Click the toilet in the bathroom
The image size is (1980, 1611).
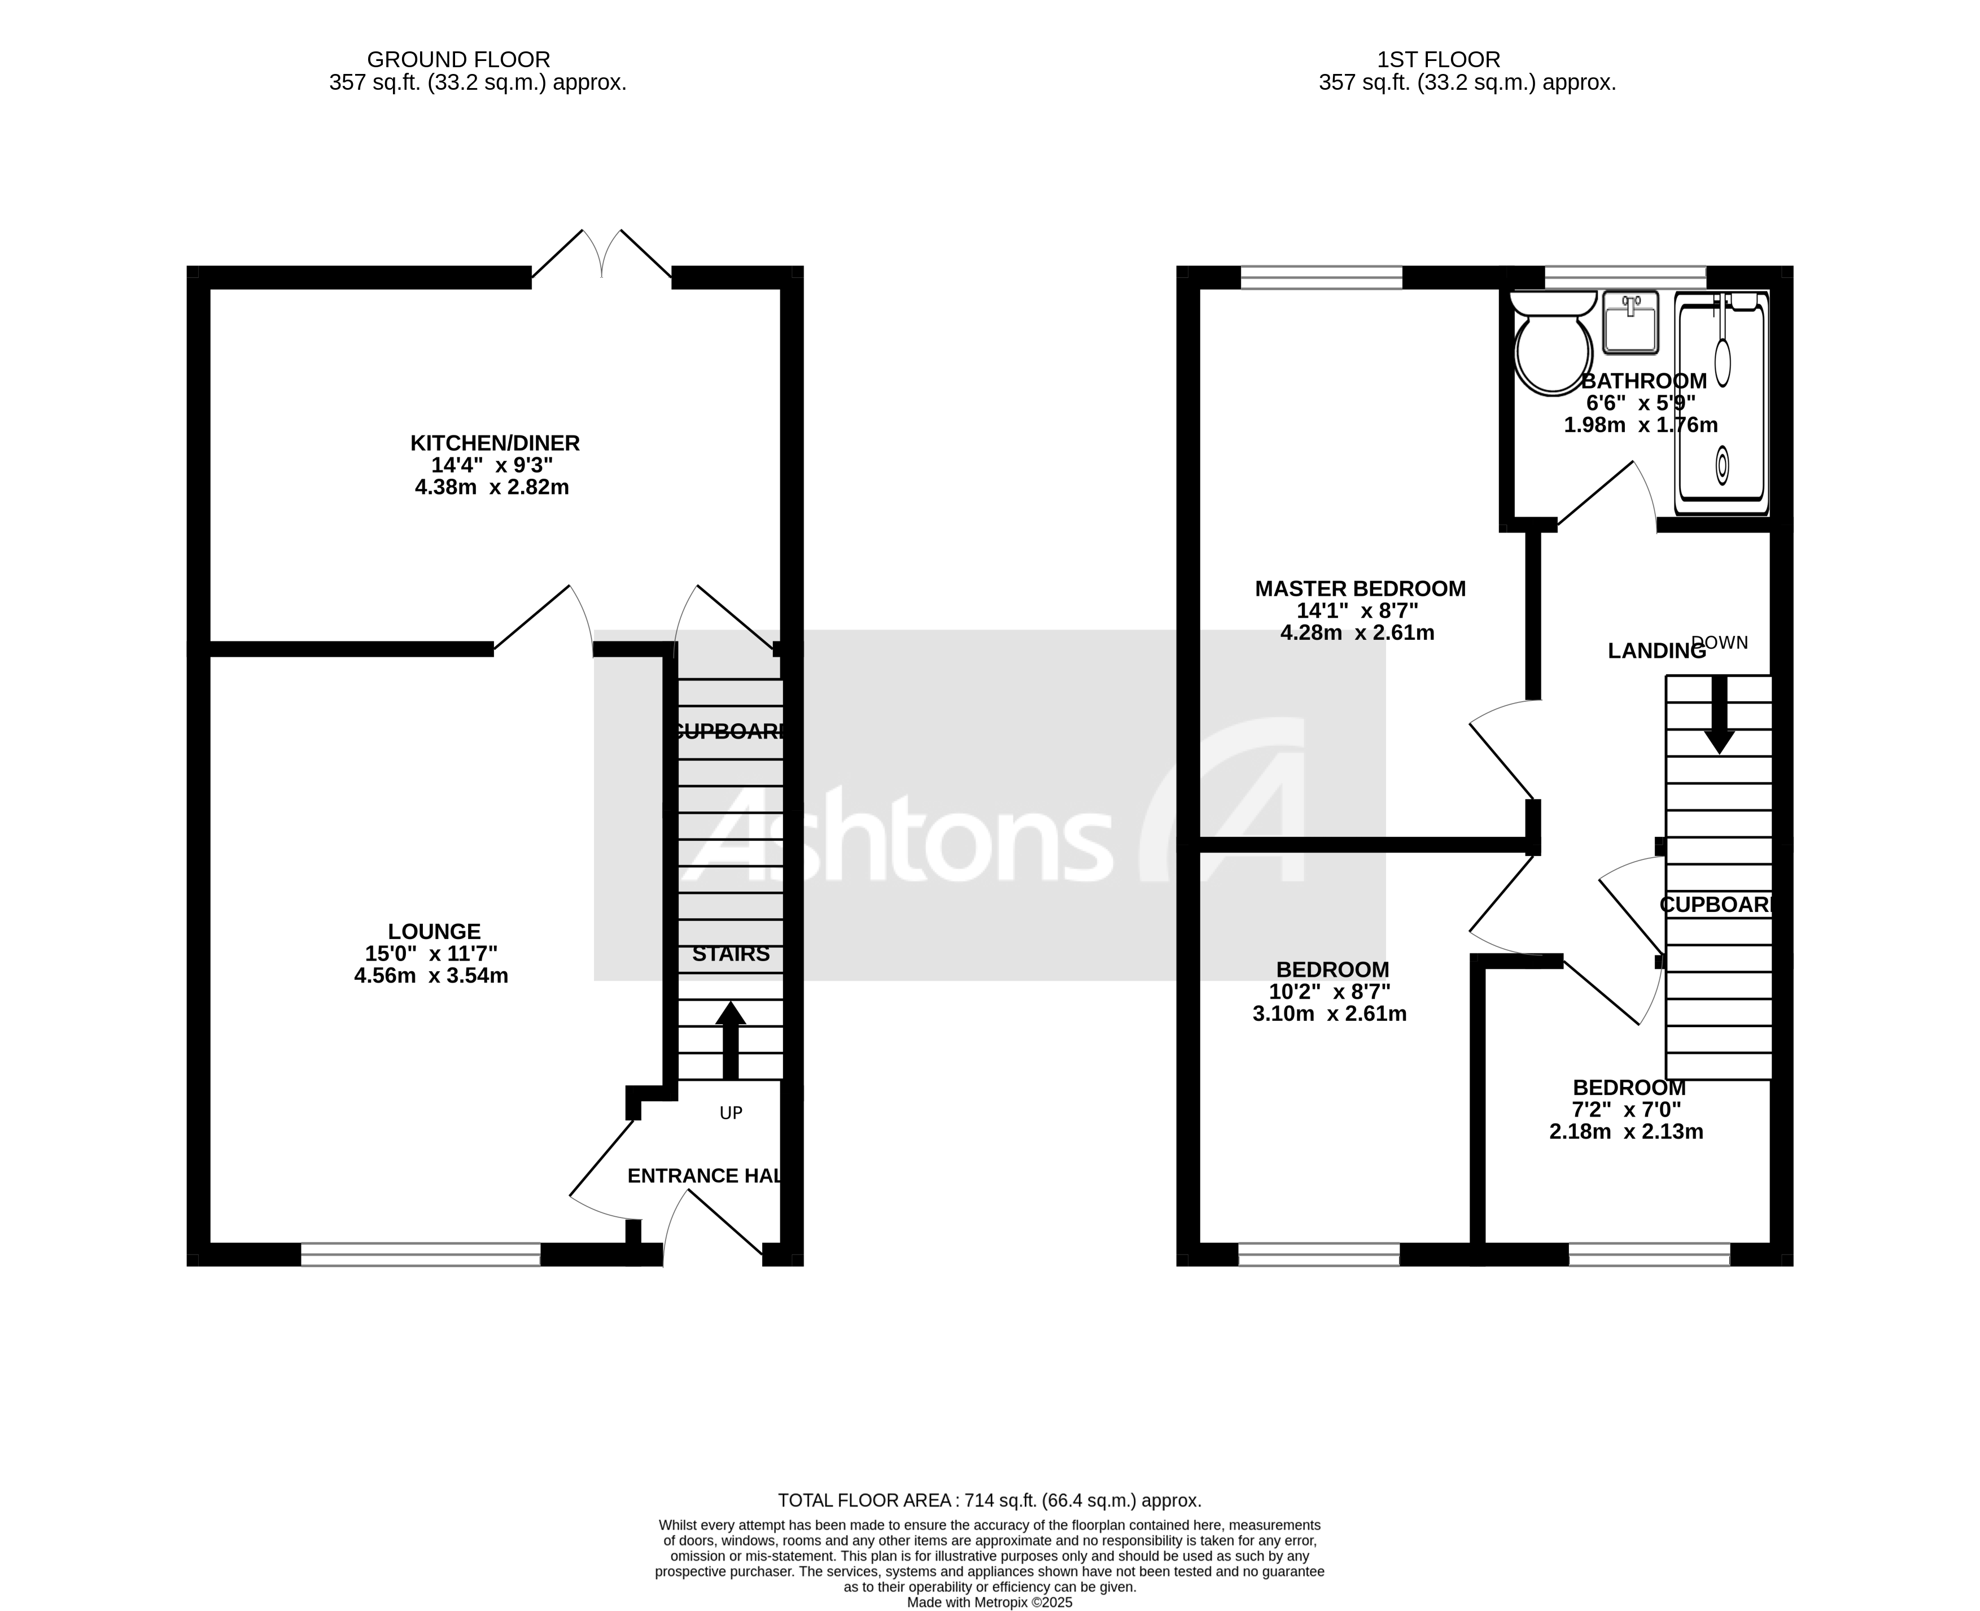1552,348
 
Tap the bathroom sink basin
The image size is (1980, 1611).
1630,323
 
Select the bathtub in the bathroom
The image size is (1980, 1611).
1721,404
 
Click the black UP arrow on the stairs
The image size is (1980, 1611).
730,1040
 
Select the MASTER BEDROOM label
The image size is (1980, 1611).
1360,588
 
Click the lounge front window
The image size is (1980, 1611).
420,1255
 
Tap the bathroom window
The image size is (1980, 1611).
1625,277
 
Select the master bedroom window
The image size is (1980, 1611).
1321,277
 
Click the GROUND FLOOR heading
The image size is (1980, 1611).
458,59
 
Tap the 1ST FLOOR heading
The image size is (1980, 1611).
1438,59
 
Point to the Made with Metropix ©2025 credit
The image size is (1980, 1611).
989,1603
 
